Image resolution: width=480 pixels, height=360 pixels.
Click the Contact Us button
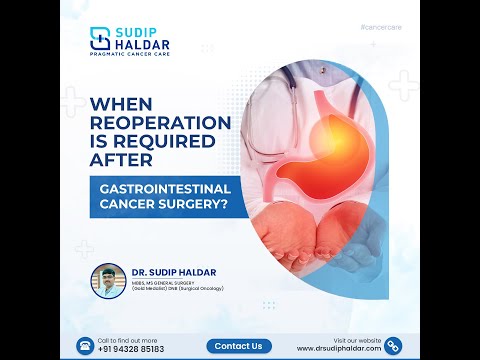pyautogui.click(x=239, y=346)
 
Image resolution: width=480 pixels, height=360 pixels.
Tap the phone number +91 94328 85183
pyautogui.click(x=130, y=349)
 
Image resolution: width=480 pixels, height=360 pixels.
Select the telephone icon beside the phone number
pyautogui.click(x=84, y=345)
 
